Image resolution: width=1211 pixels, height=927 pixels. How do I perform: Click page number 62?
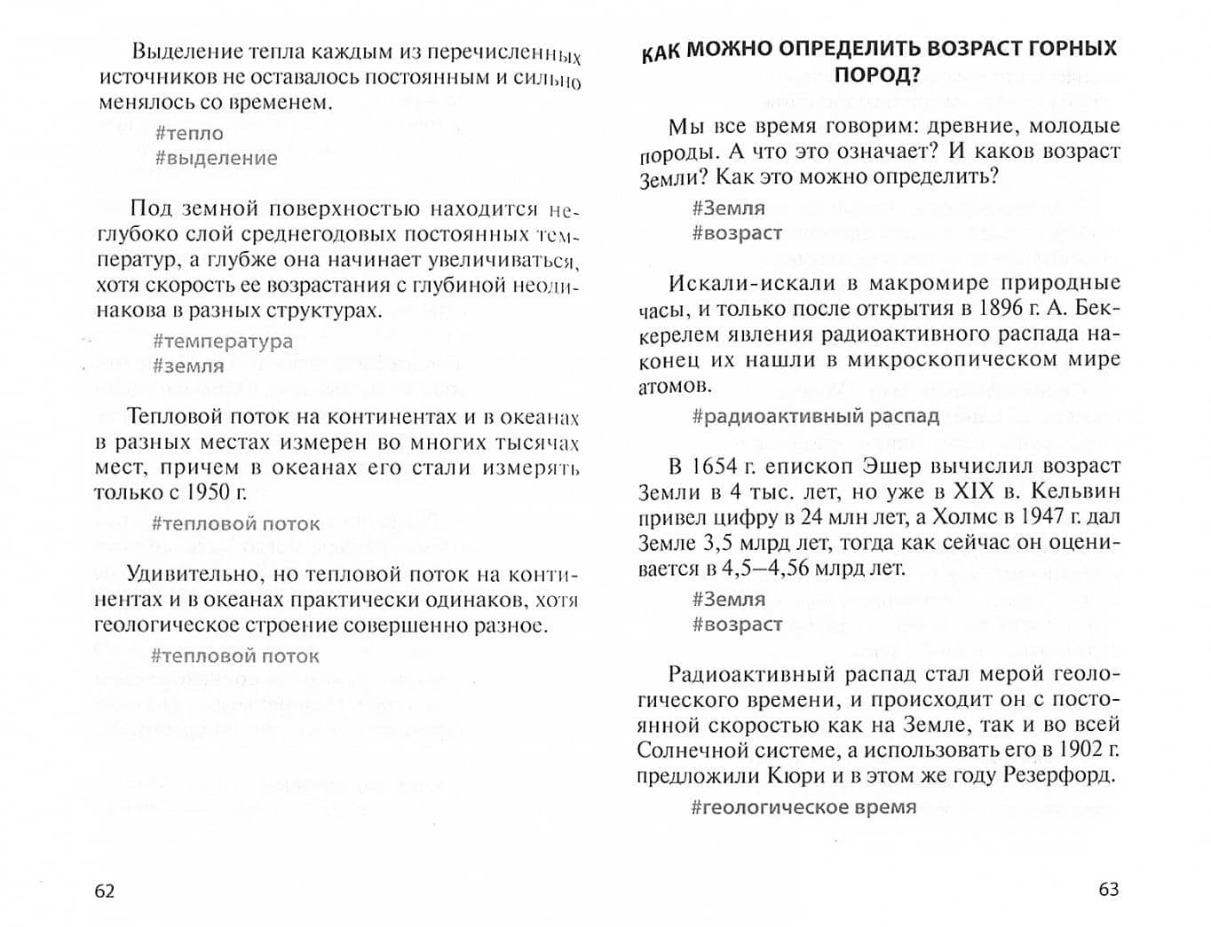pyautogui.click(x=105, y=892)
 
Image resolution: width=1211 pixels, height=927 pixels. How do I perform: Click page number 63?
pyautogui.click(x=1109, y=890)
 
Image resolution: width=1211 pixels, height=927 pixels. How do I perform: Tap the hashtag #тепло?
pyautogui.click(x=189, y=134)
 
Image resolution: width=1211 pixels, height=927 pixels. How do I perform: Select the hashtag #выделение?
pyautogui.click(x=216, y=159)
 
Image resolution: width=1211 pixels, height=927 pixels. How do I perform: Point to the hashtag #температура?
pyautogui.click(x=223, y=342)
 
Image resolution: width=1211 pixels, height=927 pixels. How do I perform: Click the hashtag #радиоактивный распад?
pyautogui.click(x=815, y=417)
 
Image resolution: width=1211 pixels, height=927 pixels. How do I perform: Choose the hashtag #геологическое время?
pyautogui.click(x=803, y=807)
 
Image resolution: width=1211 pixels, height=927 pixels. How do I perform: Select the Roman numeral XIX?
pyautogui.click(x=973, y=491)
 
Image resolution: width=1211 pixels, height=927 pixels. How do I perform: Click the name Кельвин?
pyautogui.click(x=1075, y=491)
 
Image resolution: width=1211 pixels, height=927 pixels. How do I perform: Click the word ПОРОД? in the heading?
pyautogui.click(x=876, y=75)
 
